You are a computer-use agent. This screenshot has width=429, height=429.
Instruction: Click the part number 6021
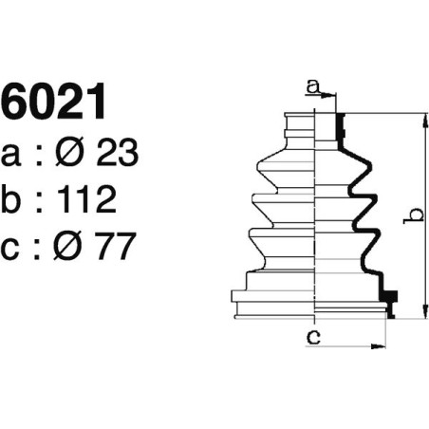[x=53, y=103]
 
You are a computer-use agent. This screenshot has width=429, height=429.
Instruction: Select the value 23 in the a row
[x=118, y=154]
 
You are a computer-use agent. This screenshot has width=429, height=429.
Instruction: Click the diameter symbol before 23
[x=74, y=154]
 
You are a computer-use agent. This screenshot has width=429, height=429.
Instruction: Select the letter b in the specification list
[x=14, y=199]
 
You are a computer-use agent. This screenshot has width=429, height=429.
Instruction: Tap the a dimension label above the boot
[x=311, y=87]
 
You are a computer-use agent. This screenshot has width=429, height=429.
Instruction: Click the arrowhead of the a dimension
[x=332, y=95]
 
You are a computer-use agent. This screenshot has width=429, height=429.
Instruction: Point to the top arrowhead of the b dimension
[x=424, y=119]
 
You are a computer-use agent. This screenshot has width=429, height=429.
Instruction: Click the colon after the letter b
[x=39, y=201]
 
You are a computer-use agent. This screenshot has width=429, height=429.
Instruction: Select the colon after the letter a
[x=39, y=156]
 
